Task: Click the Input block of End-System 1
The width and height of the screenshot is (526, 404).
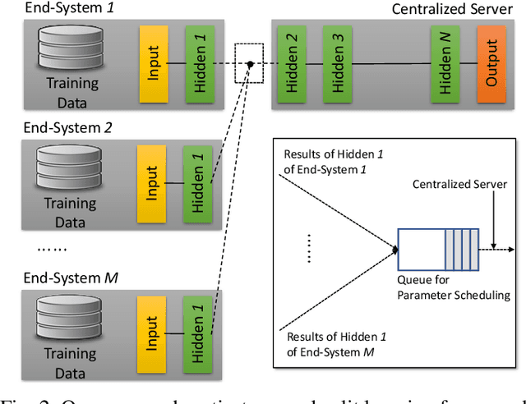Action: tap(154, 62)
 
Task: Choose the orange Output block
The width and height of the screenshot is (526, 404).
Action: tap(492, 62)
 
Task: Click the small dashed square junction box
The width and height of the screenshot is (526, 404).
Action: tap(250, 63)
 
